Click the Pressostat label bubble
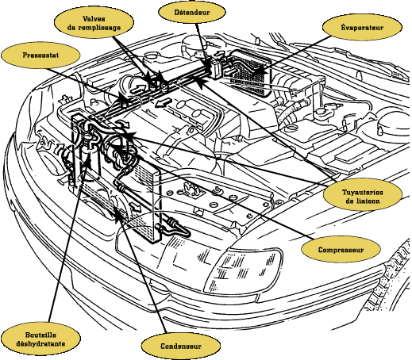(40, 56)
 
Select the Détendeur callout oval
(192, 12)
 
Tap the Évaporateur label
(362, 28)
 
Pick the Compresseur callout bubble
(341, 250)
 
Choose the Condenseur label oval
(181, 347)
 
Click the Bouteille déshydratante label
(40, 339)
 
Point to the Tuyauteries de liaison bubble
(363, 197)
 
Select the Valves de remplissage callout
(94, 23)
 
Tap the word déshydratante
(40, 343)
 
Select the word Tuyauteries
(363, 192)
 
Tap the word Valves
(94, 19)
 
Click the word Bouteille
(40, 335)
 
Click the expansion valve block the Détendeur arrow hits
(216, 68)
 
